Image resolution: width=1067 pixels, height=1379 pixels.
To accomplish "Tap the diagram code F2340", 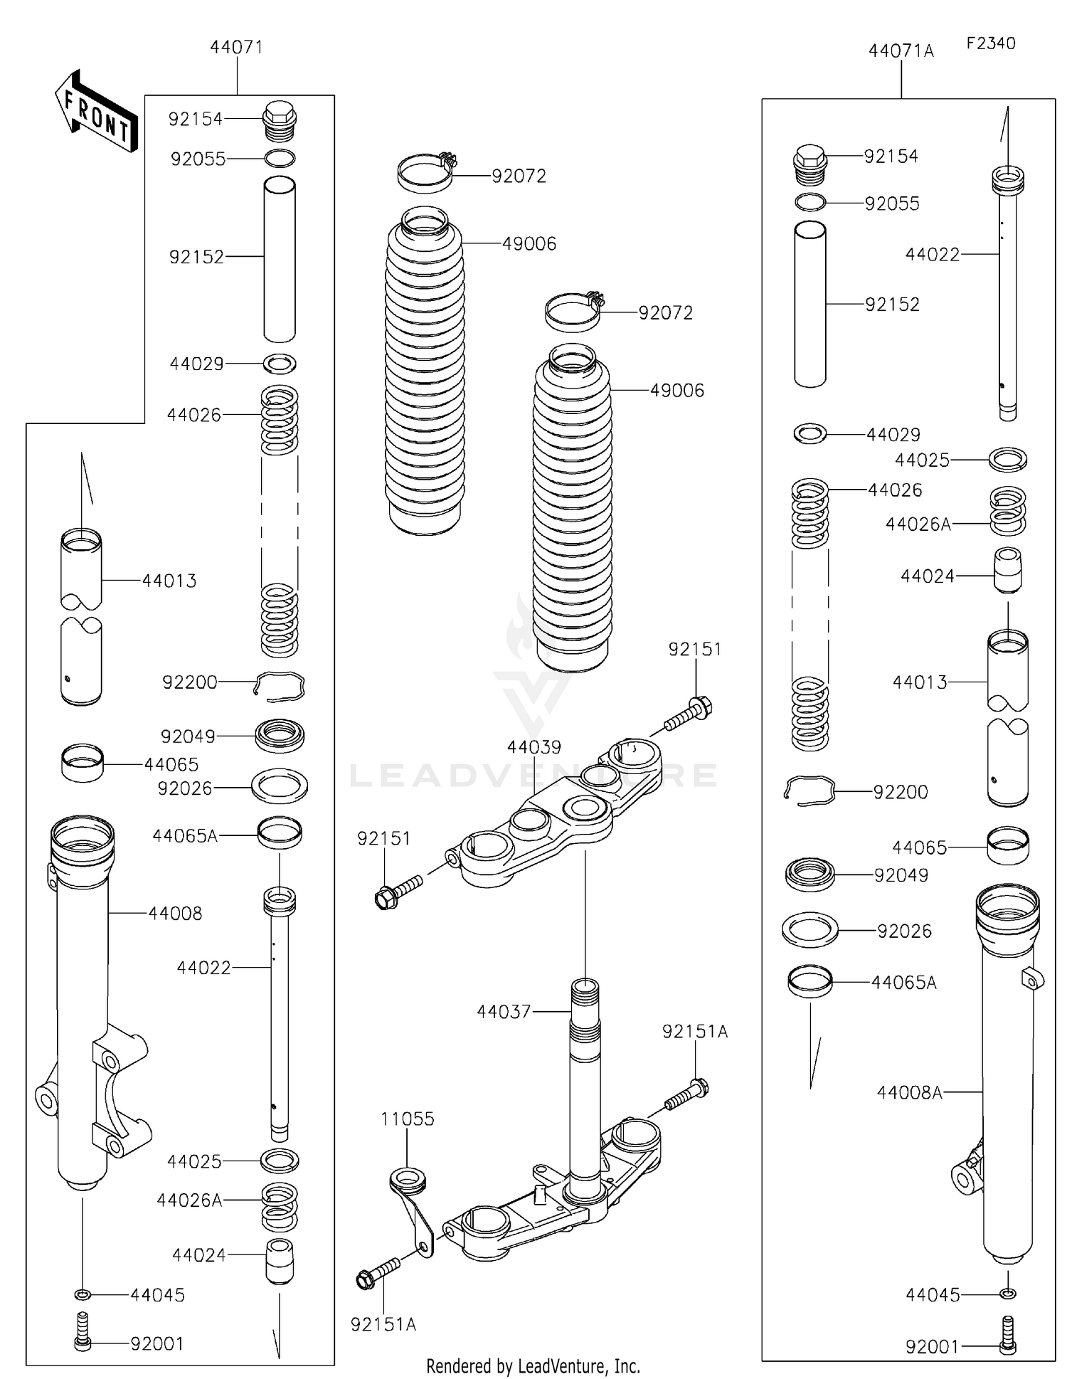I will tap(990, 43).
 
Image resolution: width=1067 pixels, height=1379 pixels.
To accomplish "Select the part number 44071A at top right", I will tap(901, 51).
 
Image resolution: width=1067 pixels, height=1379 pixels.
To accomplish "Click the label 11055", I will tap(407, 1119).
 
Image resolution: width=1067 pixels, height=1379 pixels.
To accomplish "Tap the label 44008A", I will tap(909, 1092).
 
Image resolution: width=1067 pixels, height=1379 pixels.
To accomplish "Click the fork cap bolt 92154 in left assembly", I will tap(280, 122).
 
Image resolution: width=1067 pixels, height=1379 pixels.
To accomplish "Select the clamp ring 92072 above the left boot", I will tap(425, 173).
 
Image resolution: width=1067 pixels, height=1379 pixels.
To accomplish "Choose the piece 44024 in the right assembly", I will tap(1007, 569).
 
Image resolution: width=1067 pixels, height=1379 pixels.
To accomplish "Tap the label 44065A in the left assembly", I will tap(185, 836).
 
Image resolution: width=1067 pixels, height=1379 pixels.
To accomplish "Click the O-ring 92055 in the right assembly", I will tap(810, 203).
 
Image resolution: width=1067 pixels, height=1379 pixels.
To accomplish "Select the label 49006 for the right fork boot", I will tap(676, 391).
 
